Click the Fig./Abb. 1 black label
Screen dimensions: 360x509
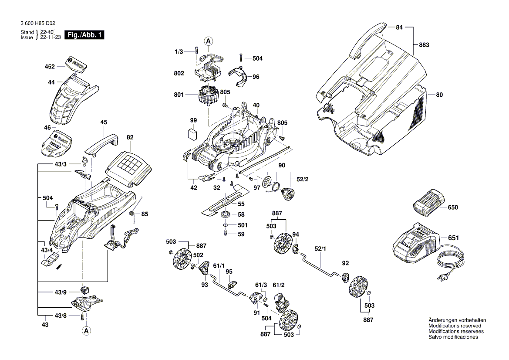84,35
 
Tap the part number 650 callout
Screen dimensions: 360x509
453,207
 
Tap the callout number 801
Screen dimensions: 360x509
179,94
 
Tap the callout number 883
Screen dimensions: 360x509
424,45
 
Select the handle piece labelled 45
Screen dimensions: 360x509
101,143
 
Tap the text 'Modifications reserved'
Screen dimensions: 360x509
455,326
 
